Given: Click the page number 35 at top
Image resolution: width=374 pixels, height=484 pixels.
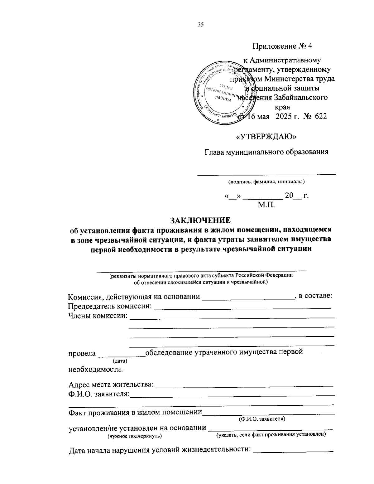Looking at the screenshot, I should pyautogui.click(x=200, y=25).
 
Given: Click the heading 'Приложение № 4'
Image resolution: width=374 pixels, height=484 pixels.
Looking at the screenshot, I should pyautogui.click(x=282, y=46).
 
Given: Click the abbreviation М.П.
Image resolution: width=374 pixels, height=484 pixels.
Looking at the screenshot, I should pyautogui.click(x=266, y=205).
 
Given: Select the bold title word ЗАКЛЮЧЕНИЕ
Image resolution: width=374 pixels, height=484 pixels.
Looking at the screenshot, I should pyautogui.click(x=200, y=220).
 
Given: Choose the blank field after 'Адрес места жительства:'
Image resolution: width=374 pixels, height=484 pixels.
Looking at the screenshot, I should pyautogui.click(x=244, y=385).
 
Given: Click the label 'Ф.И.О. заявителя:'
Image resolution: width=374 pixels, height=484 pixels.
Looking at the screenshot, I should pyautogui.click(x=99, y=394).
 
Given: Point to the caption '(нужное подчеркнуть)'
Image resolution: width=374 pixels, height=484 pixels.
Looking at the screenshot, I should pyautogui.click(x=135, y=436).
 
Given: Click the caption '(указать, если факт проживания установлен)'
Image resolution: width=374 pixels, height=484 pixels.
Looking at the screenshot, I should pyautogui.click(x=271, y=434).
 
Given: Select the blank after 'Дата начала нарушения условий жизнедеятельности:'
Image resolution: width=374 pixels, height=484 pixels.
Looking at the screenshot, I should pyautogui.click(x=293, y=451).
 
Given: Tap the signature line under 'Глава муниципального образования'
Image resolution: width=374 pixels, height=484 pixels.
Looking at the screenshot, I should pyautogui.click(x=267, y=174).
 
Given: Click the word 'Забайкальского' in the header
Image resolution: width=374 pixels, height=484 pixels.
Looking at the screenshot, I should pyautogui.click(x=301, y=98).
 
